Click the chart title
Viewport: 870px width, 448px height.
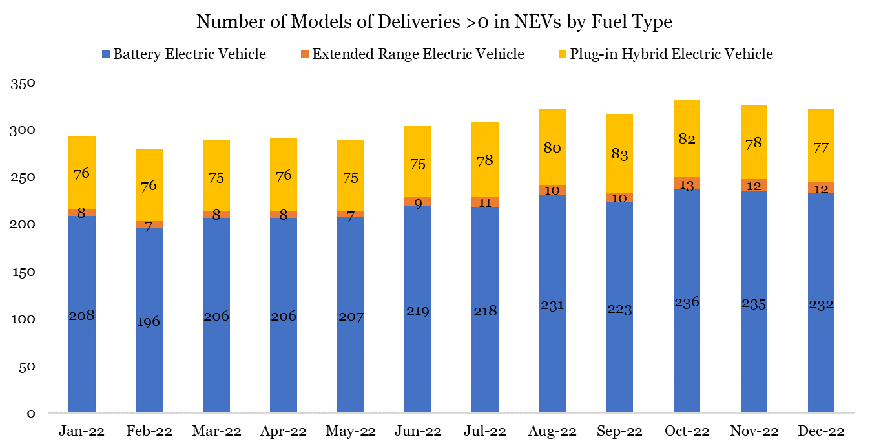tap(434, 22)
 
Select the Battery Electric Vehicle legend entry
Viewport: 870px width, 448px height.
tap(189, 54)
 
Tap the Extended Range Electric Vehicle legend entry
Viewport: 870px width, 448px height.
tap(417, 54)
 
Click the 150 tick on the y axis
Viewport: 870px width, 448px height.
tap(23, 273)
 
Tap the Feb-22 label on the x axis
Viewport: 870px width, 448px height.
tap(149, 431)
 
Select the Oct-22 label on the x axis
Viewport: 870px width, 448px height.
tap(687, 431)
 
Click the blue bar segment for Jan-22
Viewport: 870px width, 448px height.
tap(82, 362)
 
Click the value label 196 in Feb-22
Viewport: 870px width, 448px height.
tap(149, 321)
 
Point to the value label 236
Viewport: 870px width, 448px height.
tap(687, 303)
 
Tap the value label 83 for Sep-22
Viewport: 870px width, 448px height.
tap(619, 155)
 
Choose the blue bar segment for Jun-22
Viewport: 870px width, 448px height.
tap(418, 362)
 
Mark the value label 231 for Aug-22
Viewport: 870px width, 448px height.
tap(552, 305)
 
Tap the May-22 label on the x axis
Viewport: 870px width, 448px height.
tap(351, 431)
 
